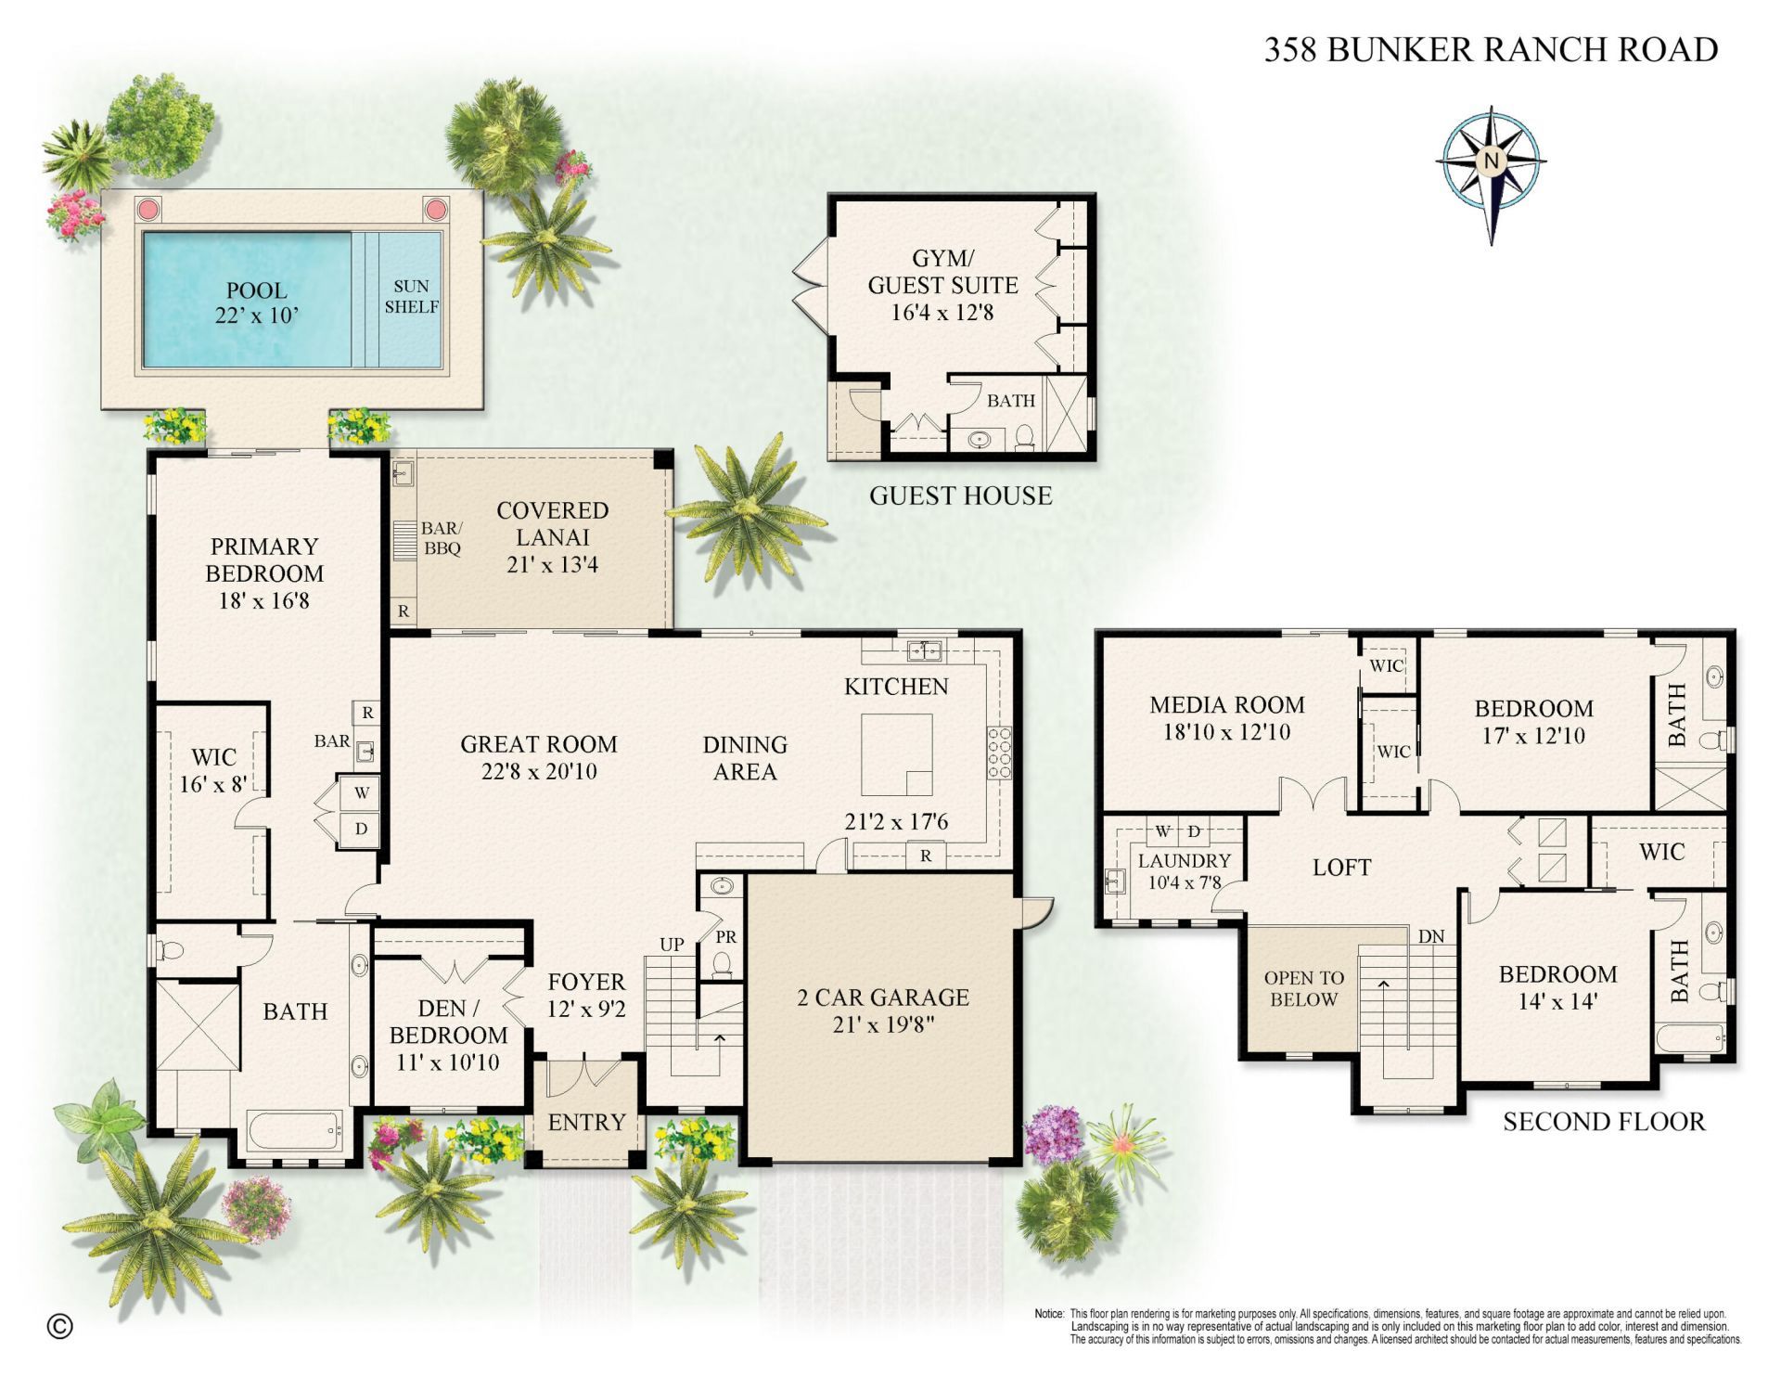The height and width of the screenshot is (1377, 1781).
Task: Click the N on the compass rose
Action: coord(1491,161)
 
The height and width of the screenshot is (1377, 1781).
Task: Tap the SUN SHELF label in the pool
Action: coord(411,297)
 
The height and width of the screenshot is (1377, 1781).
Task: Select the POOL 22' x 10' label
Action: coord(256,302)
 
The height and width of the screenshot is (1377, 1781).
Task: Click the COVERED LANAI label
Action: coord(552,524)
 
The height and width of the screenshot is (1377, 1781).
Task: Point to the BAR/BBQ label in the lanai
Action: coord(441,538)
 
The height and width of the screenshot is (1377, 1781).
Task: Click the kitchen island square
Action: coord(896,754)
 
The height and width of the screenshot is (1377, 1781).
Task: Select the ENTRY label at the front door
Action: coord(586,1123)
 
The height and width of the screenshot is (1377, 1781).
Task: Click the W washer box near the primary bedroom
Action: coord(362,793)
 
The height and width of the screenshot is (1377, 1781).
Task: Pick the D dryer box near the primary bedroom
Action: coord(362,829)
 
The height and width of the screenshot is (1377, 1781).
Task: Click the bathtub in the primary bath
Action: coord(295,1131)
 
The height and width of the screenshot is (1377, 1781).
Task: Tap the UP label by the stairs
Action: coord(672,945)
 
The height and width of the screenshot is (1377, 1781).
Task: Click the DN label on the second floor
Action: coord(1431,937)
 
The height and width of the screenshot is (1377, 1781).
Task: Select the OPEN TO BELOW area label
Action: coord(1303,988)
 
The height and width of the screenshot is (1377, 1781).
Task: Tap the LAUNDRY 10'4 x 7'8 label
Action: coord(1184,871)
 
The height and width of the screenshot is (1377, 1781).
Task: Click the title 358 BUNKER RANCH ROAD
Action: coord(1491,49)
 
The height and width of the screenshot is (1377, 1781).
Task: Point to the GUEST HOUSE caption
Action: coord(960,495)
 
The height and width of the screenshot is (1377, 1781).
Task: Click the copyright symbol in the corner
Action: coord(59,1327)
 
